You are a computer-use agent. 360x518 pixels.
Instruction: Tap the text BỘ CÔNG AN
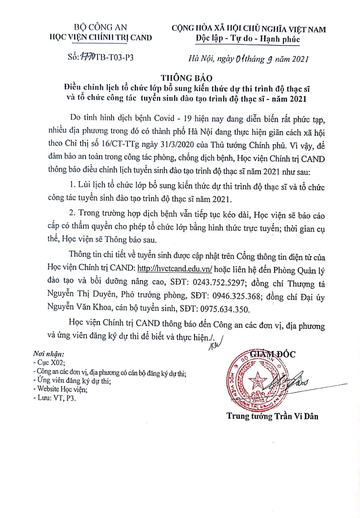[100, 28]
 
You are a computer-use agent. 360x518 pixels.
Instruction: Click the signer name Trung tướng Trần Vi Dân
[272, 416]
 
